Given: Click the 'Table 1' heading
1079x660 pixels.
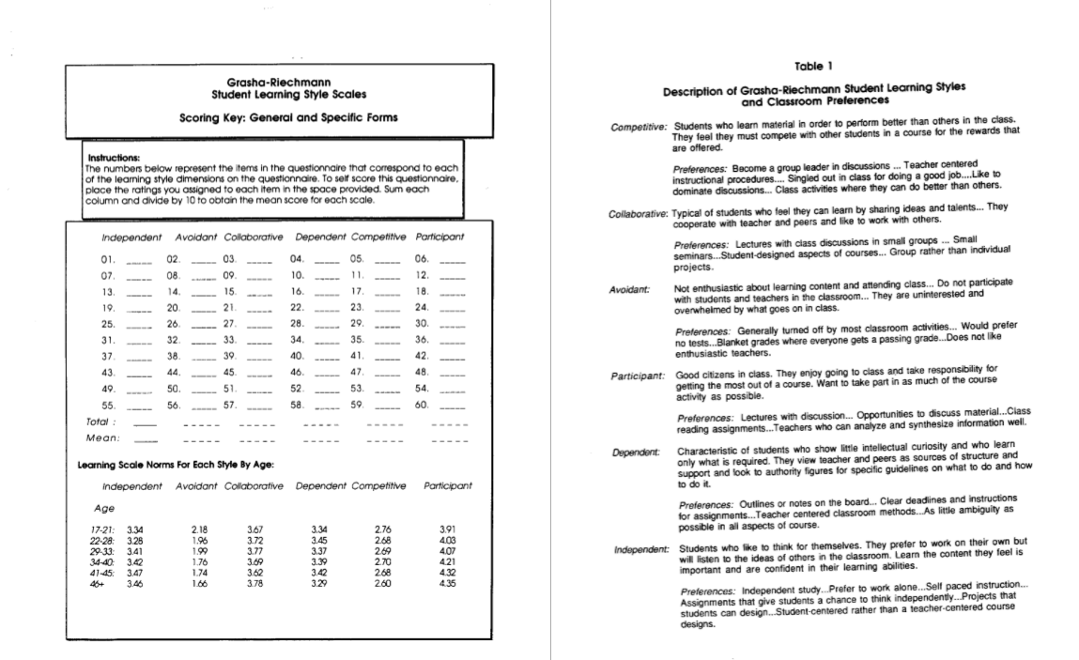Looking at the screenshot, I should click(x=814, y=65).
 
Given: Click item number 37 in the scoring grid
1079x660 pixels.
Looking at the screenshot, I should click(x=107, y=356).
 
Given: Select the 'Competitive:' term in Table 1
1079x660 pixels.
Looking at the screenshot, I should click(x=639, y=127).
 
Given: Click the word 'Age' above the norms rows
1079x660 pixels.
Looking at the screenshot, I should click(x=104, y=508).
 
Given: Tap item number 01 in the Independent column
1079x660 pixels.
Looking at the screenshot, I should click(x=107, y=258).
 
